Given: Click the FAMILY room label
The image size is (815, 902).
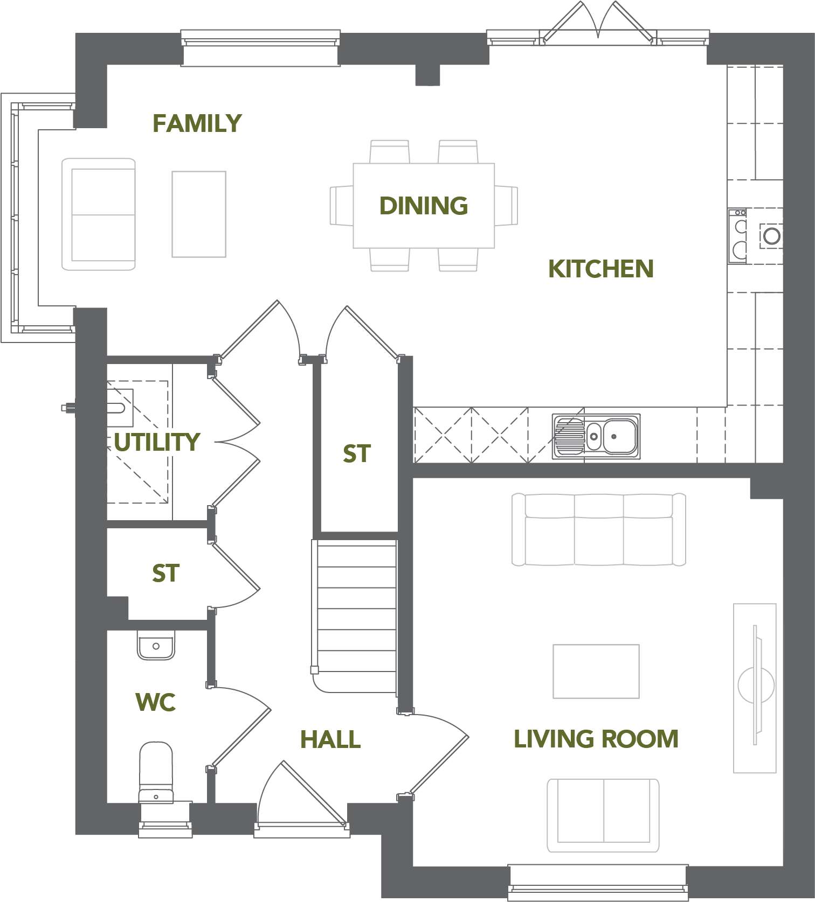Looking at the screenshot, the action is [x=197, y=123].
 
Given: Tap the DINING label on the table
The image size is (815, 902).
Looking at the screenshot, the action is [x=424, y=206].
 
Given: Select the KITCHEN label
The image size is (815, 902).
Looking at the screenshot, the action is [x=601, y=269].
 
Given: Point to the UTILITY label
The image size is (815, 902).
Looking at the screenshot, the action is [x=157, y=442].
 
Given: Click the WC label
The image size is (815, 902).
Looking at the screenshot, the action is [x=156, y=702].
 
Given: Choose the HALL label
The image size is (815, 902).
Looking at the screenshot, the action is [x=330, y=739].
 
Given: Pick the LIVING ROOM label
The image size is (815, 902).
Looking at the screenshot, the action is [x=596, y=739].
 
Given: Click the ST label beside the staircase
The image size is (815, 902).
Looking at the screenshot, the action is [x=357, y=454].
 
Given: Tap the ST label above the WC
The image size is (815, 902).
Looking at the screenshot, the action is [x=166, y=574].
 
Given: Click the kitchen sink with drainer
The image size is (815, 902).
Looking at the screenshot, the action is [x=596, y=436].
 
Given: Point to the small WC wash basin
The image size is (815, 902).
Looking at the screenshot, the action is [x=156, y=645].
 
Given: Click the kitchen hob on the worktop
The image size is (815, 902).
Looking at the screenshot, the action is [x=738, y=236].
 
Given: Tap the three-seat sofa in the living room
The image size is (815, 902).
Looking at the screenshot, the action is [x=598, y=529].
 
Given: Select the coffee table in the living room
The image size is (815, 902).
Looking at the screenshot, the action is [x=596, y=672].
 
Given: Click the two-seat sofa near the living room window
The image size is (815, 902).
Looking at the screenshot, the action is [x=603, y=815].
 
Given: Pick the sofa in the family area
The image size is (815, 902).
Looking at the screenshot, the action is [x=99, y=214].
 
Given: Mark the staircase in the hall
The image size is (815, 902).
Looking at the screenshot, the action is [x=355, y=616].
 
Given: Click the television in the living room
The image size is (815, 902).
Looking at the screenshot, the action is [x=756, y=685].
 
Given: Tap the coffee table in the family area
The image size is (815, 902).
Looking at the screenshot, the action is [x=199, y=214].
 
